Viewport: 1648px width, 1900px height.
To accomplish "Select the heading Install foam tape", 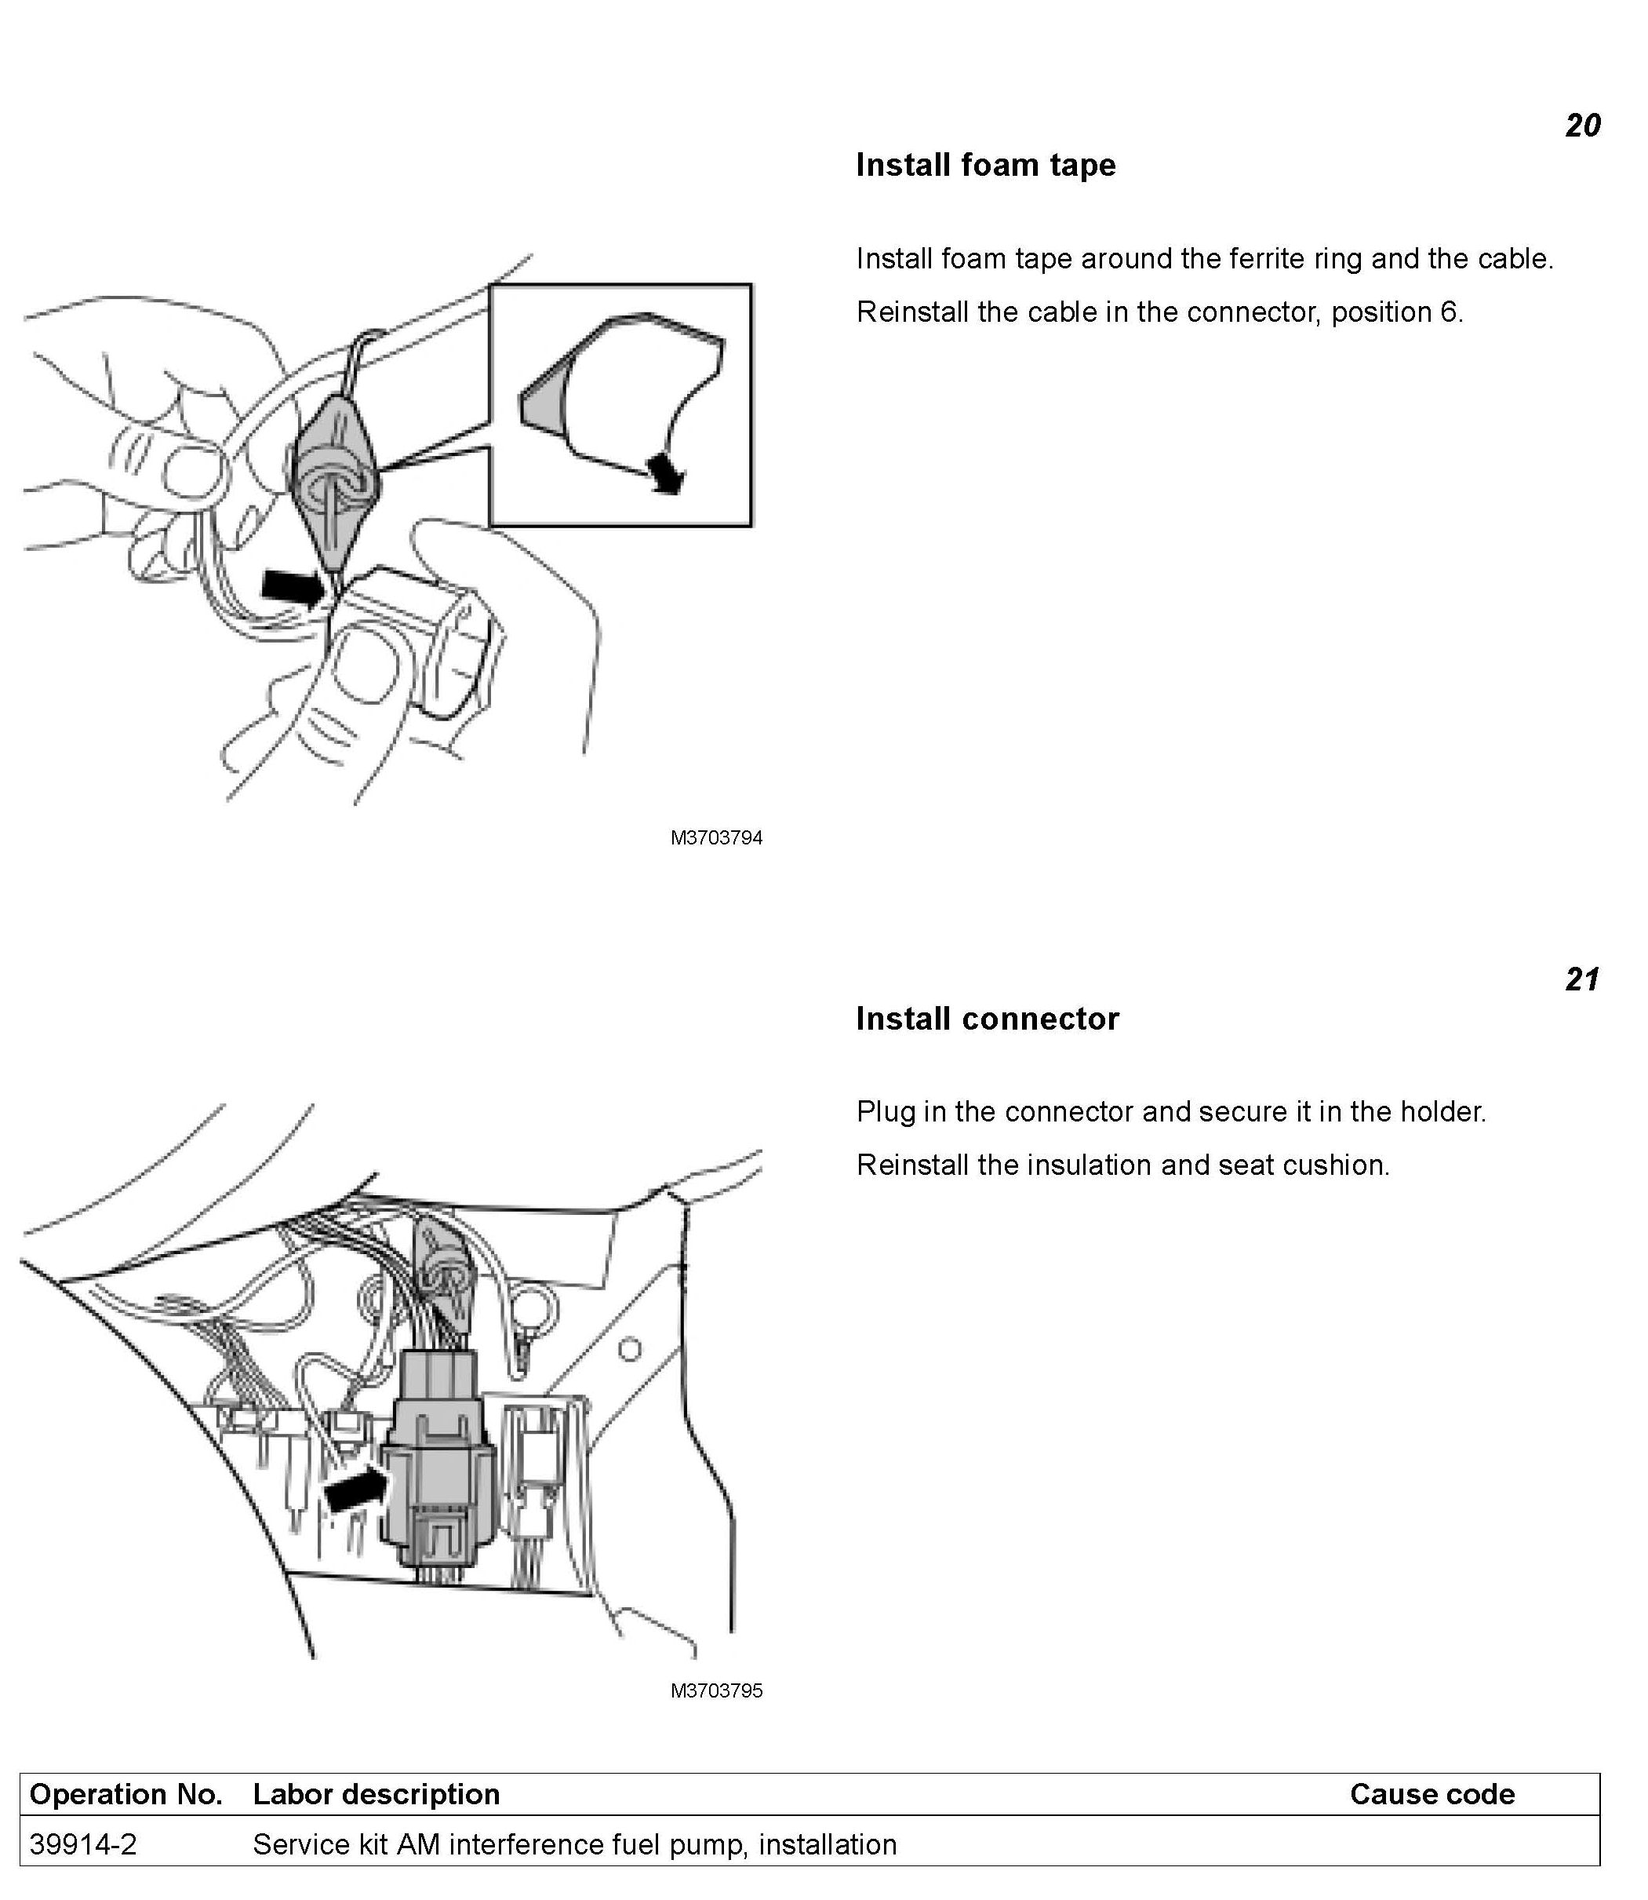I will (985, 166).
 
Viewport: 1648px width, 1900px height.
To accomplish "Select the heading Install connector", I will (987, 1019).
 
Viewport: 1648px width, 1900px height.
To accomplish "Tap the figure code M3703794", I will (716, 838).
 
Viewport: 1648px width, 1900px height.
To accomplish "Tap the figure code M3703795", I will (716, 1691).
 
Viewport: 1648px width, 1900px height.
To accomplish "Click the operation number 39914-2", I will (83, 1845).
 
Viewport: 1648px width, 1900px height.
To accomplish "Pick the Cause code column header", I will (1432, 1794).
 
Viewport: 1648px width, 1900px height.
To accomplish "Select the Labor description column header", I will (377, 1794).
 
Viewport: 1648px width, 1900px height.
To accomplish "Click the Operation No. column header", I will (126, 1794).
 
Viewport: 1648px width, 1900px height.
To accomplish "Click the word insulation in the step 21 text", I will (1089, 1165).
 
